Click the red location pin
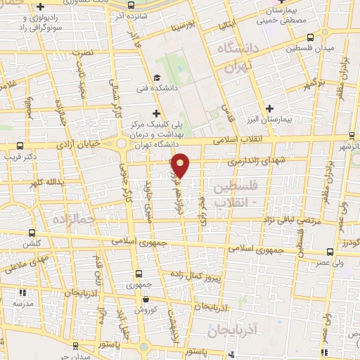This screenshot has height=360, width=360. pos(181,165)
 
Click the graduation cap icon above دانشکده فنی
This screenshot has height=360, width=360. pos(157,77)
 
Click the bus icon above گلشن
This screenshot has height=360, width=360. pos(31,232)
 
